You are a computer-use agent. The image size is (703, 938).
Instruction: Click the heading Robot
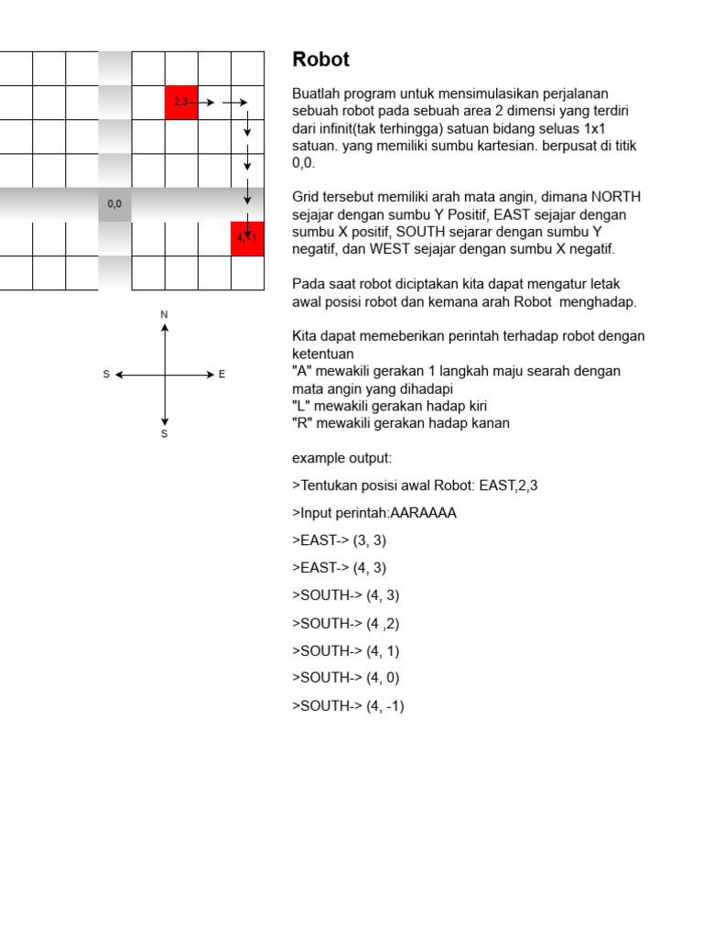tap(320, 60)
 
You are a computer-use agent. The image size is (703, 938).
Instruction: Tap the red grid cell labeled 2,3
tap(181, 103)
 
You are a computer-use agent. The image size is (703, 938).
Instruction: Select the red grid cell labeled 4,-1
tap(247, 238)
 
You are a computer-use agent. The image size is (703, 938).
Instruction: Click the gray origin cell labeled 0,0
tap(114, 204)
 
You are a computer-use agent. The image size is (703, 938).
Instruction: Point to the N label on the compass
tap(165, 315)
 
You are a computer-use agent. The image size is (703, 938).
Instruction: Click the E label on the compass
tap(222, 375)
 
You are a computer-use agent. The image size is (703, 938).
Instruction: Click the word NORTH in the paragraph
tap(617, 197)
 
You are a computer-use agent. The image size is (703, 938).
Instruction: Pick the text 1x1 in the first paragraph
tap(595, 128)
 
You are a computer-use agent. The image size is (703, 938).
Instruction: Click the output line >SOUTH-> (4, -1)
tap(348, 706)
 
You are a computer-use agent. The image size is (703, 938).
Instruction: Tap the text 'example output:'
tap(341, 458)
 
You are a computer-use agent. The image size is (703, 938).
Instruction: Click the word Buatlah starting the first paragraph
tap(316, 93)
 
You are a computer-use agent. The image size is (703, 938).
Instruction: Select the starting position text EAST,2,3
tap(508, 485)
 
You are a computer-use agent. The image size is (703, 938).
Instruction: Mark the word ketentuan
tap(323, 354)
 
